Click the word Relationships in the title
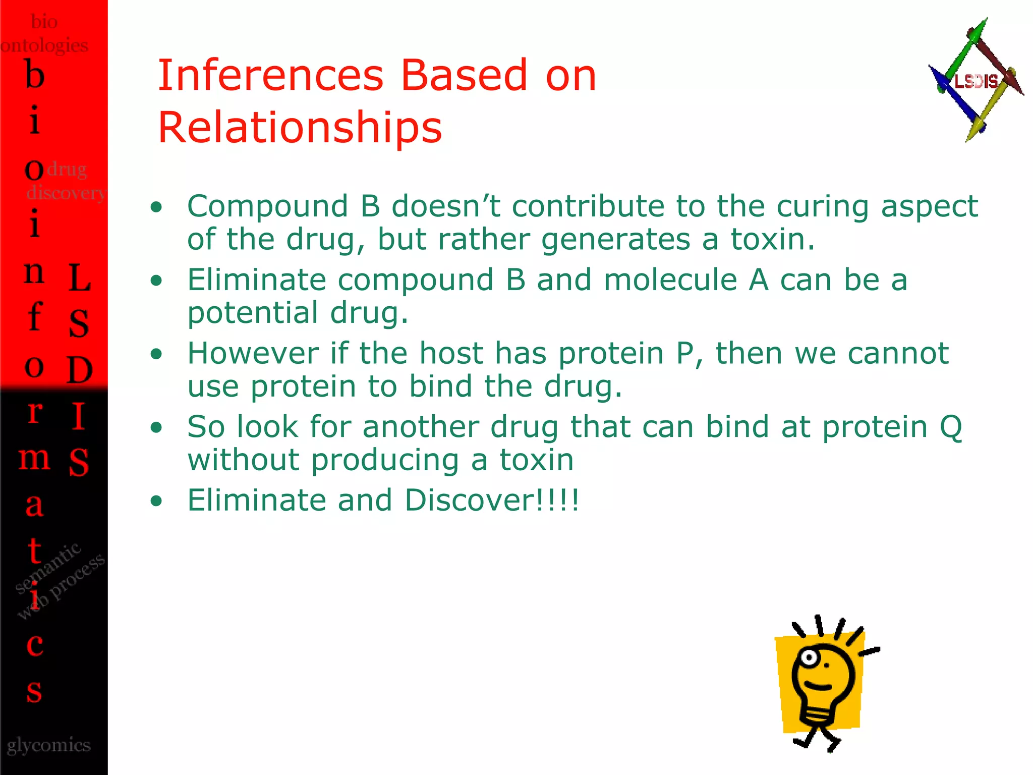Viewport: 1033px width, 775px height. click(300, 127)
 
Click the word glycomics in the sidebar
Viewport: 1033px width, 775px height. click(49, 745)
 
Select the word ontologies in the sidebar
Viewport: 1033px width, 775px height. click(44, 45)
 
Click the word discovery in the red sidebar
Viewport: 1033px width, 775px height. click(66, 192)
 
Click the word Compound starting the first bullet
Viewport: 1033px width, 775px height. click(268, 206)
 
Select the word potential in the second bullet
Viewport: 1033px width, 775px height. click(253, 313)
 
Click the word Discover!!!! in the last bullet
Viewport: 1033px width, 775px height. click(492, 500)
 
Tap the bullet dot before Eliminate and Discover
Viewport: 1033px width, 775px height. click(157, 501)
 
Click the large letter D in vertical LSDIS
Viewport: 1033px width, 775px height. click(80, 370)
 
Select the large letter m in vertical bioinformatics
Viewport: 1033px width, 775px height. click(34, 458)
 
